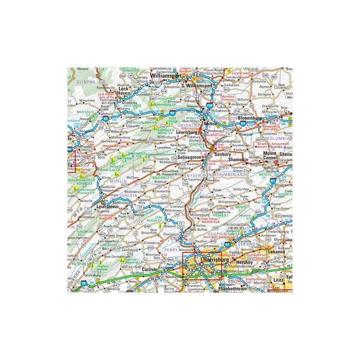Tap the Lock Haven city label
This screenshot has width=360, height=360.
point(123,91)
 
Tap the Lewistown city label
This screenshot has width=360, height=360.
point(107,207)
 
